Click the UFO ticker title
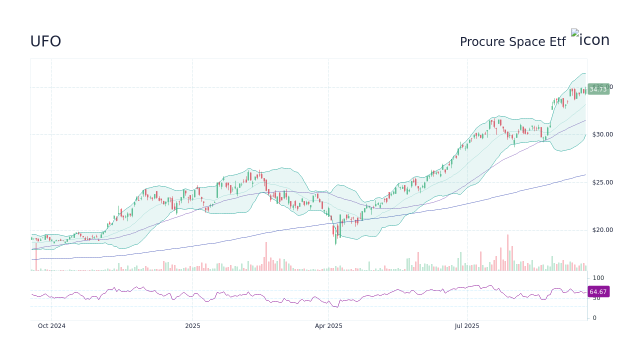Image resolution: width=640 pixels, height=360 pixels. pyautogui.click(x=45, y=41)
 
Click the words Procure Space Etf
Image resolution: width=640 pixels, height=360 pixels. pyautogui.click(x=512, y=42)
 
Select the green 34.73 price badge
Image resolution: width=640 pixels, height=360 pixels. pyautogui.click(x=598, y=89)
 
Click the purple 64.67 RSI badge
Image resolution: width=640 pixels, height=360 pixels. pyautogui.click(x=598, y=292)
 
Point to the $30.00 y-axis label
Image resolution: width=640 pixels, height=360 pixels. pyautogui.click(x=602, y=134)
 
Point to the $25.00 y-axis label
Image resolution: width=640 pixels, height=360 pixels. pyautogui.click(x=602, y=182)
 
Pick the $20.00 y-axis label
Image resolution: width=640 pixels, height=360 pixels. pyautogui.click(x=602, y=230)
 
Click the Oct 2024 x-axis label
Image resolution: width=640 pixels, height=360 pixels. pyautogui.click(x=51, y=326)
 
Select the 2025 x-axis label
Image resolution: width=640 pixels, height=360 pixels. pyautogui.click(x=192, y=326)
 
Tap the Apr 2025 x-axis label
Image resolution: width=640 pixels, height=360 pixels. pyautogui.click(x=328, y=326)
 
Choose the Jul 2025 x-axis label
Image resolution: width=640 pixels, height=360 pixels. pyautogui.click(x=467, y=326)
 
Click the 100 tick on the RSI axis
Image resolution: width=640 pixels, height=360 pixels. pyautogui.click(x=598, y=278)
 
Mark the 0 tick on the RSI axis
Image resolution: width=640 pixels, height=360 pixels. pyautogui.click(x=594, y=318)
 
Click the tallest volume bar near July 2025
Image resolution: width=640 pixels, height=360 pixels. pyautogui.click(x=507, y=252)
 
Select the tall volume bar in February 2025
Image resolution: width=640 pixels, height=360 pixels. pyautogui.click(x=266, y=256)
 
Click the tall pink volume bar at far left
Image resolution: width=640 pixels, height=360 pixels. pyautogui.click(x=36, y=257)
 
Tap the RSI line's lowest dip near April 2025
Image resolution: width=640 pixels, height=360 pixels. pyautogui.click(x=335, y=306)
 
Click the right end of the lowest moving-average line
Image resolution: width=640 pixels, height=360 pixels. pyautogui.click(x=585, y=175)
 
